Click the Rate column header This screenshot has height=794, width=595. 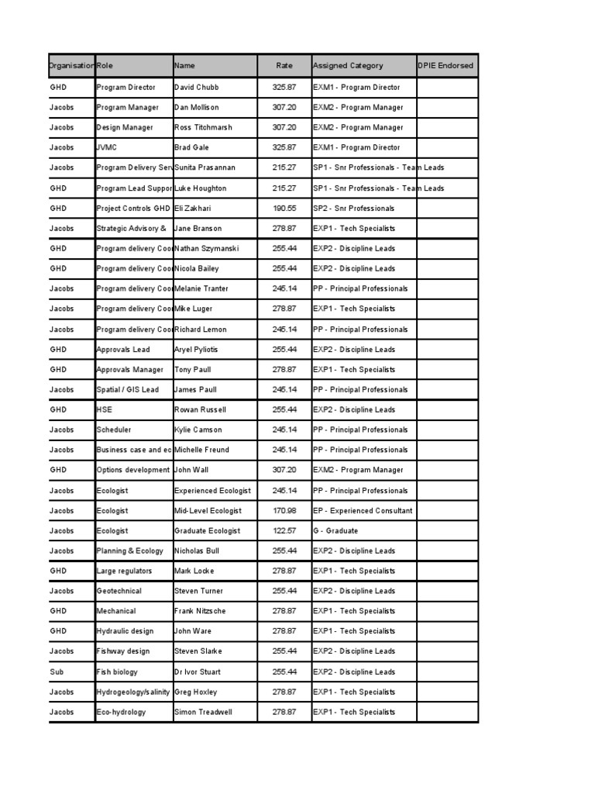(284, 66)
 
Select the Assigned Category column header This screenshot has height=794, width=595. (348, 66)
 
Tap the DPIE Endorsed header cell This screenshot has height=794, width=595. (445, 66)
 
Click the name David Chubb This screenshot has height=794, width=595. (197, 88)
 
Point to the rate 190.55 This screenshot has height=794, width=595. (284, 209)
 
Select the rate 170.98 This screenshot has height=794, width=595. (284, 511)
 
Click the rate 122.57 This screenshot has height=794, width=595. (284, 531)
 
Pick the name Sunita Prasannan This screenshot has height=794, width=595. (205, 167)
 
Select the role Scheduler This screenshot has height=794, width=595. (114, 430)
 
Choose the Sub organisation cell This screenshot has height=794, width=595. (57, 672)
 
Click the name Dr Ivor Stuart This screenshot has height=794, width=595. (198, 672)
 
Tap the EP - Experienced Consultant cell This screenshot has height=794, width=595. (363, 511)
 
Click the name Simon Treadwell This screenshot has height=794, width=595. (203, 712)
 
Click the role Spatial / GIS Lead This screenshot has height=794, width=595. (127, 390)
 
